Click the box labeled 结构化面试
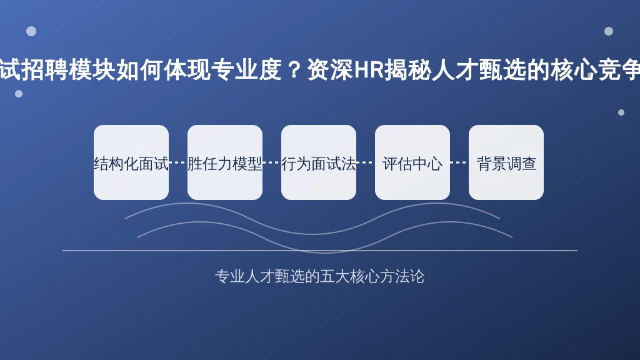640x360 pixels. coord(131,162)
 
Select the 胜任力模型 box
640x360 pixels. coord(225,162)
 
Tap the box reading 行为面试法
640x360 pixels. coord(319,162)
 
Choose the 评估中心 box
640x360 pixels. coord(412,162)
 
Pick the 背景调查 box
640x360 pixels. coord(506,162)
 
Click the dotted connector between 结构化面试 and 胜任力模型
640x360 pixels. coord(178,162)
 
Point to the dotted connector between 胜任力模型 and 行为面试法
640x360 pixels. coord(272,162)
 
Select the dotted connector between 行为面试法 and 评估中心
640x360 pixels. coord(366,162)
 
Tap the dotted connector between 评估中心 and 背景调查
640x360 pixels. coord(459,162)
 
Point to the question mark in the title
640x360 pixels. coord(294,70)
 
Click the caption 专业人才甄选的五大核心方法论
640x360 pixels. coord(319,276)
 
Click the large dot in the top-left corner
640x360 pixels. coord(31,31)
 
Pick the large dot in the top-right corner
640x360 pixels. coord(609,31)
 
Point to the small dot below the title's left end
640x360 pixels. coord(19,94)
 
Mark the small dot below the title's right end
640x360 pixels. coord(621,112)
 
